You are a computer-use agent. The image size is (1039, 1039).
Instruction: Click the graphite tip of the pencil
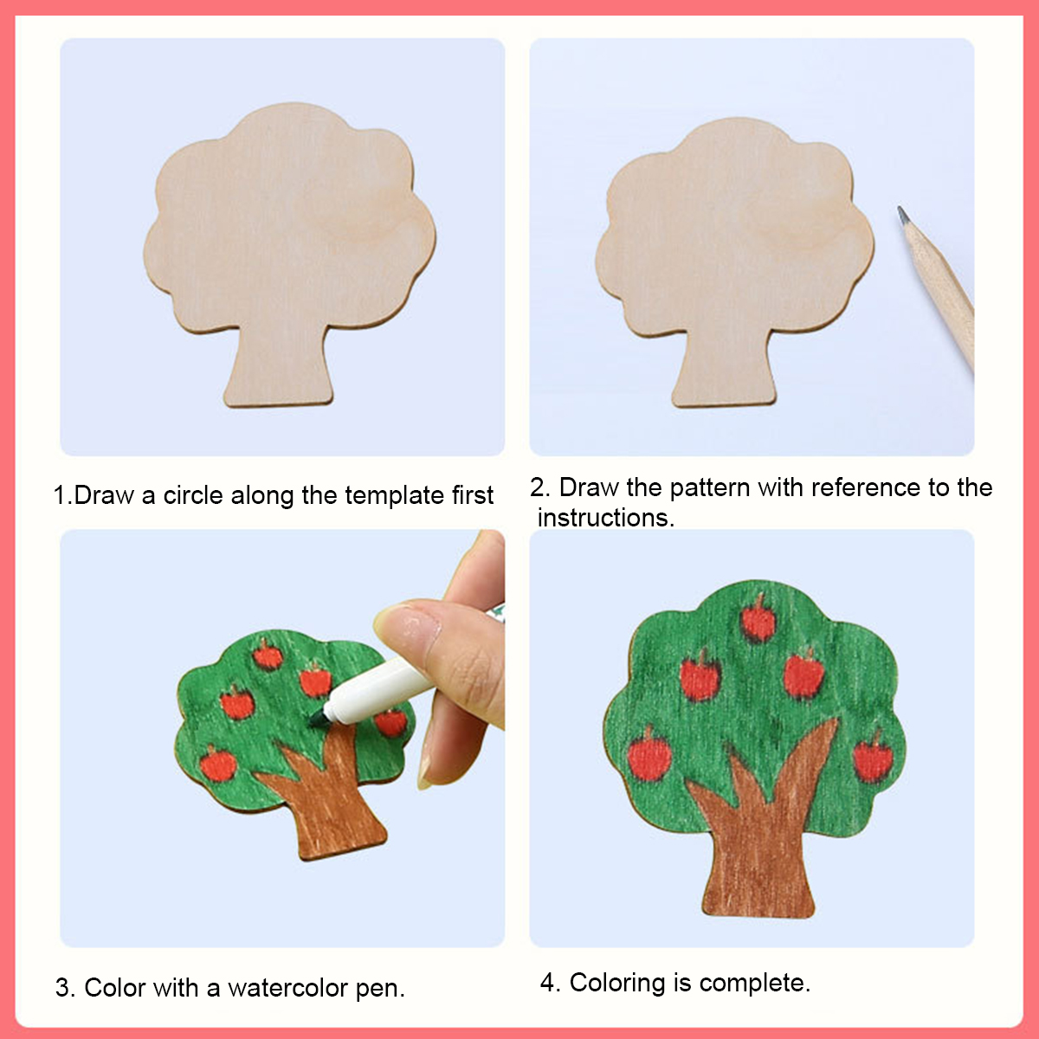pos(902,214)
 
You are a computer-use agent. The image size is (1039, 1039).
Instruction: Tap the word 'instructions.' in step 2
pos(606,518)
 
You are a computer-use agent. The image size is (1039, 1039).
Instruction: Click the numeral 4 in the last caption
pos(548,983)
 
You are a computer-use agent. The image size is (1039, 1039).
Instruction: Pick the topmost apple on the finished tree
pos(758,621)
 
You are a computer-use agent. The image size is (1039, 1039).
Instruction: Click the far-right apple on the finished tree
pos(874,757)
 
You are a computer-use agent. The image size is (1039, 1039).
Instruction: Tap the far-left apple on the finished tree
pos(649,754)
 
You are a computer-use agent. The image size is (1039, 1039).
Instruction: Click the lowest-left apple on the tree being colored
pos(218,764)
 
